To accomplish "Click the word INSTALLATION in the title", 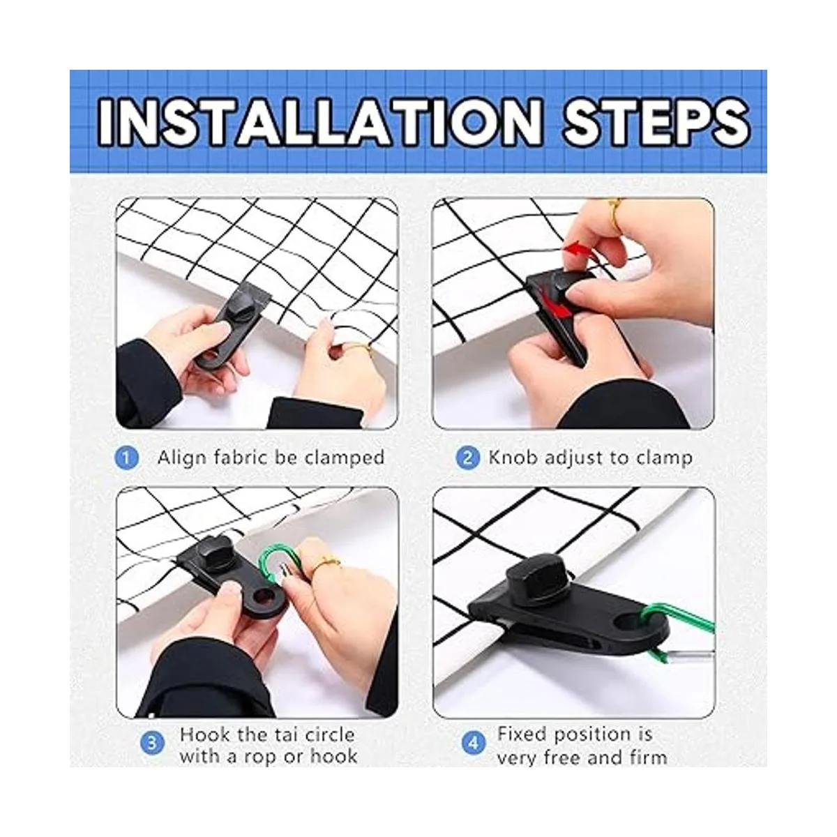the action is pos(320,121).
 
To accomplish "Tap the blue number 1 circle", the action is pos(126,459).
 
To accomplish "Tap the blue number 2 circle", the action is pos(468,459).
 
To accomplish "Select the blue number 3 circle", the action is pos(152,742).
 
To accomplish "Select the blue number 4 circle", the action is pos(474,742).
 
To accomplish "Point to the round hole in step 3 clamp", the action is pos(264,598).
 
